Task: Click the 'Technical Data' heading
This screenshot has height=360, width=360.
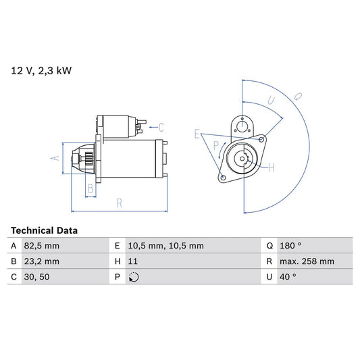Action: click(45, 230)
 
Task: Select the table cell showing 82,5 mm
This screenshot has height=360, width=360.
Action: click(42, 246)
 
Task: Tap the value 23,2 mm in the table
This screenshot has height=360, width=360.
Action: click(42, 261)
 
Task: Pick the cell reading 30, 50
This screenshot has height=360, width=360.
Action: click(38, 277)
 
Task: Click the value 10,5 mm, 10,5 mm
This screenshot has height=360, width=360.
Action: click(165, 246)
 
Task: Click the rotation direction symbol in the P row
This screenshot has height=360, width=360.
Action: click(132, 277)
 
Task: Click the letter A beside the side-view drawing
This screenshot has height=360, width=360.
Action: click(55, 158)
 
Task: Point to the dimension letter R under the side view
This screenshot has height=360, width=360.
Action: click(118, 202)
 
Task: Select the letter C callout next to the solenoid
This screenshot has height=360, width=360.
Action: click(161, 126)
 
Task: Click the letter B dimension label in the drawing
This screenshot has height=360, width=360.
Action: click(91, 188)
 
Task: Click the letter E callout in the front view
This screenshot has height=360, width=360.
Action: click(197, 134)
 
